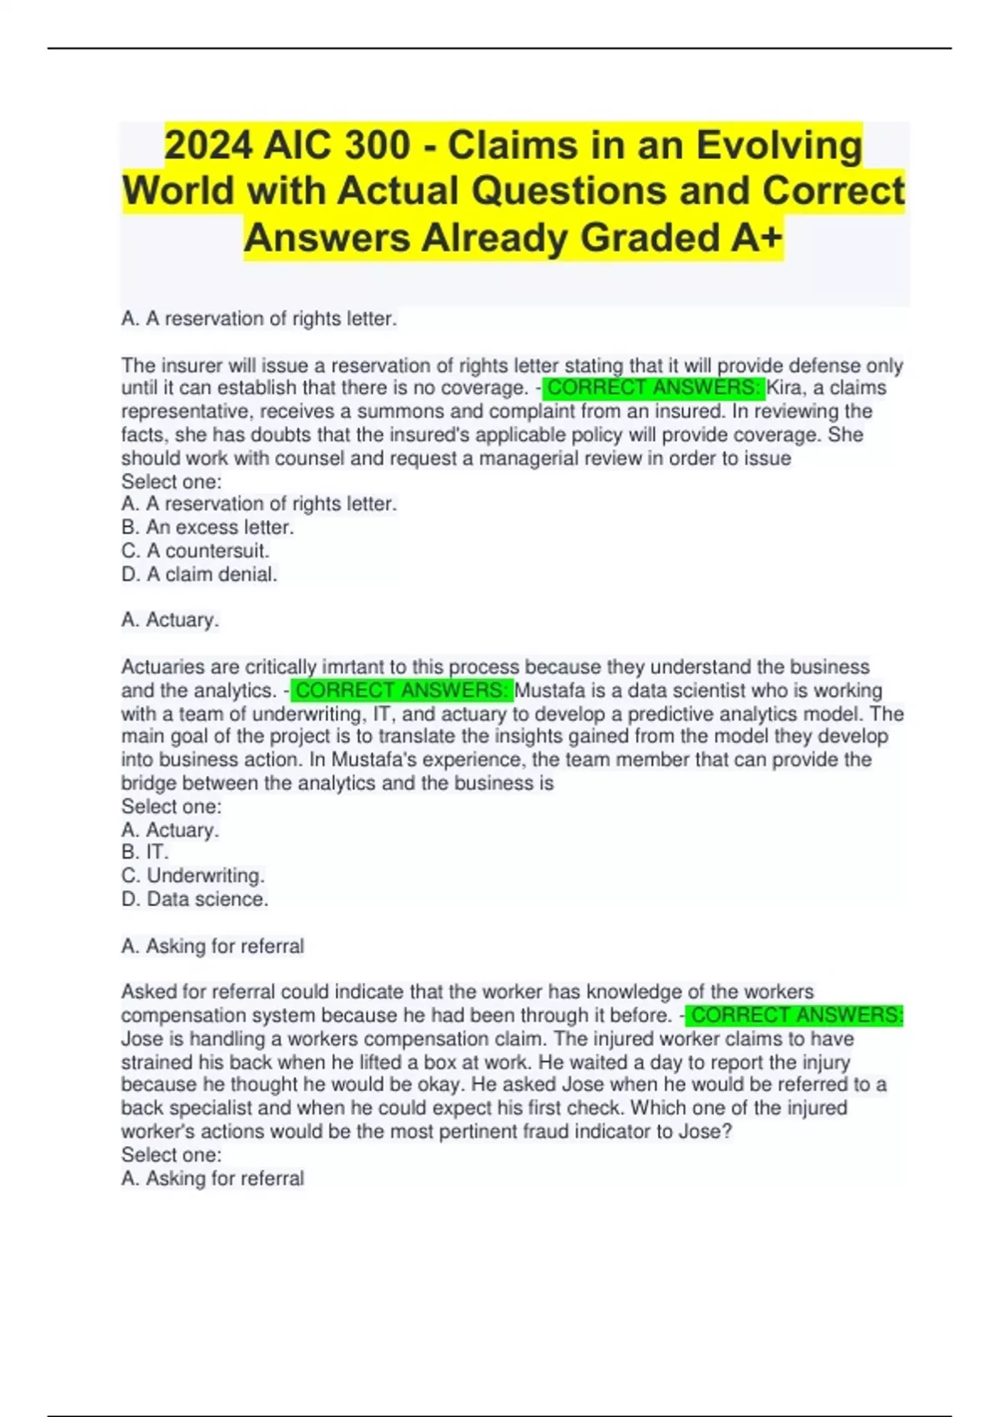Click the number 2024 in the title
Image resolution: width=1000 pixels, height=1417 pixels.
(x=208, y=146)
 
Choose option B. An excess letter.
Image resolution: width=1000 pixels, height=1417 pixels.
(x=207, y=528)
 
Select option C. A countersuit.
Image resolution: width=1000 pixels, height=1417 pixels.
(x=195, y=551)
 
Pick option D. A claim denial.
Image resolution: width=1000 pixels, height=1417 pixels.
(x=199, y=574)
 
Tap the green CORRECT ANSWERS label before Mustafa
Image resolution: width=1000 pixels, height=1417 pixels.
(x=402, y=691)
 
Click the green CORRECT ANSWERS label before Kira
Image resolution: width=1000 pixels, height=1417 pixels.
(x=654, y=388)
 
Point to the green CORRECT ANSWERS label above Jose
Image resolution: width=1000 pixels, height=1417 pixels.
(x=796, y=1015)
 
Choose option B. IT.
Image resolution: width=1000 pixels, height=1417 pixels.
(x=145, y=852)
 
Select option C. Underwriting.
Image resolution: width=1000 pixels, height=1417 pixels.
(x=192, y=876)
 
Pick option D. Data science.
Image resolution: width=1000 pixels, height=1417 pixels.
(x=195, y=899)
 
